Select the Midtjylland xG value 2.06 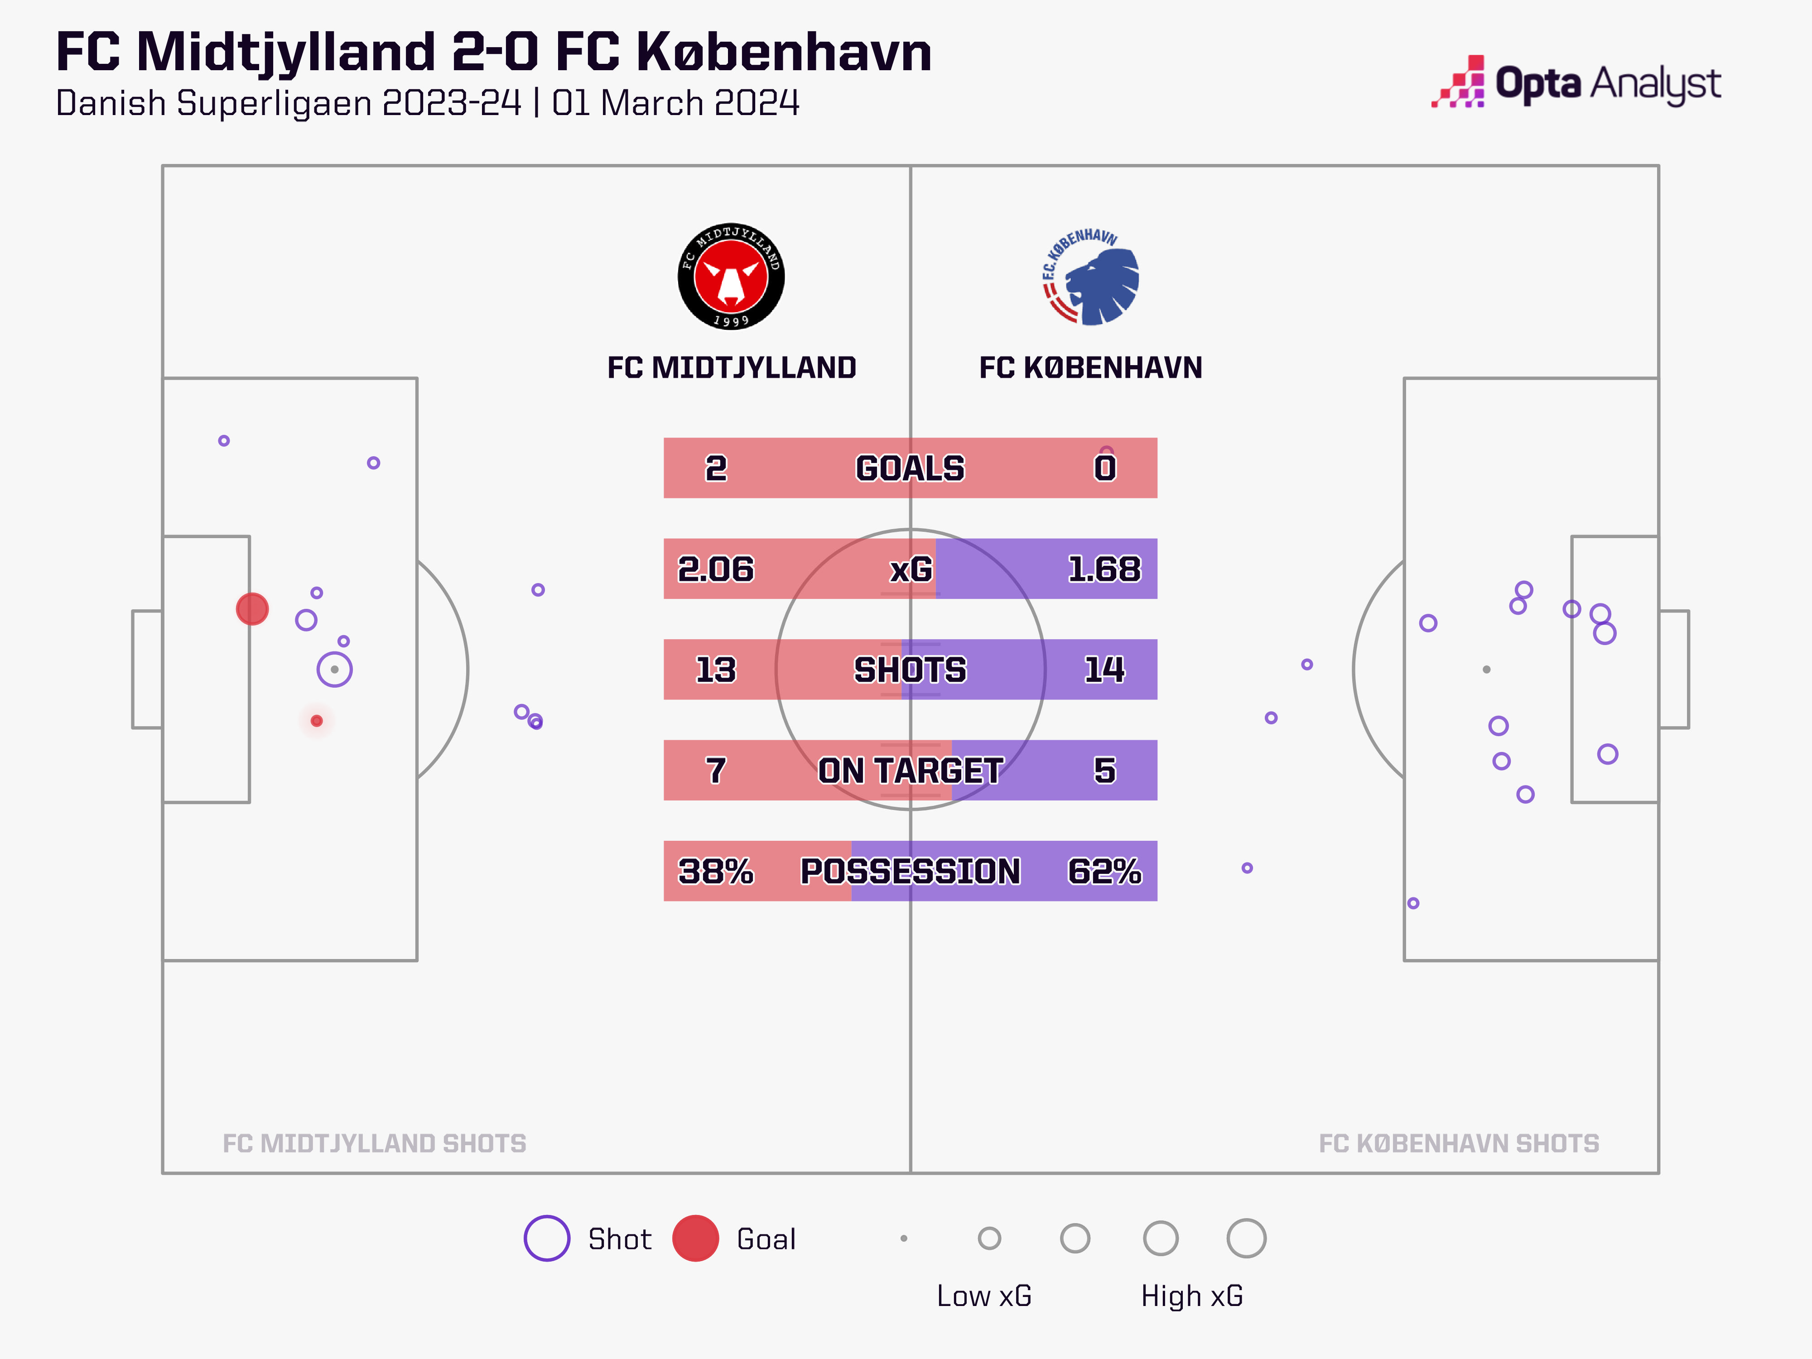pos(715,569)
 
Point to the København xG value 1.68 pos(1104,569)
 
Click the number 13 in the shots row pos(715,669)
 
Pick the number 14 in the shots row pos(1104,669)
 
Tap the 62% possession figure pos(1104,871)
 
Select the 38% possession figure pos(715,871)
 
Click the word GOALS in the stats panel pos(910,468)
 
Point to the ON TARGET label pos(910,770)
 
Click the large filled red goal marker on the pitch pos(252,609)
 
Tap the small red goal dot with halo pos(317,721)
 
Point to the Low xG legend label pos(984,1296)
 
